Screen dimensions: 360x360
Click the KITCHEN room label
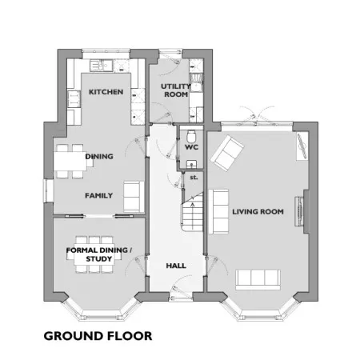pos(106,92)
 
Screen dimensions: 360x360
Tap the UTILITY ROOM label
pos(176,90)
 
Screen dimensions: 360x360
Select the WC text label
pos(191,147)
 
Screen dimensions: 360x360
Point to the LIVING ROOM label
pos(258,212)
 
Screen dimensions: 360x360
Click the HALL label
pos(176,266)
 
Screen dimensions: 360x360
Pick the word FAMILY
pos(98,195)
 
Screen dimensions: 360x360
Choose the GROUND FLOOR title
pos(98,336)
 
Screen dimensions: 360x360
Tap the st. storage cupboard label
pos(194,178)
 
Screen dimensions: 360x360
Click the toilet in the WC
pos(191,136)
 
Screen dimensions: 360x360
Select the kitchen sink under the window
pos(101,66)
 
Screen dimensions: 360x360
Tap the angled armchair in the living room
pos(227,153)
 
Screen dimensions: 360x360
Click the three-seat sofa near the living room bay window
pos(258,279)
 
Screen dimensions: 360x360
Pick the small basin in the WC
pos(191,164)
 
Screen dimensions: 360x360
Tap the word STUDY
pos(99,259)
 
